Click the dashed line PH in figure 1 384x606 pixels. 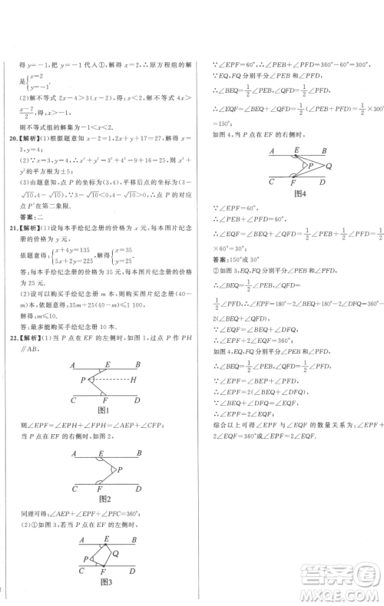pyautogui.click(x=108, y=379)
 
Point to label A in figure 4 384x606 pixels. pyautogui.click(x=272, y=151)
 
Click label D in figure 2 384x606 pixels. pyautogui.click(x=136, y=486)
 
